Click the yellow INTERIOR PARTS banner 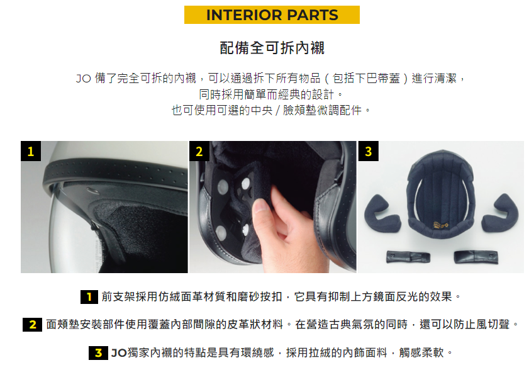tap(272, 15)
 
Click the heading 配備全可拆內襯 tap(272, 48)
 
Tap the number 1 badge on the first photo tap(31, 151)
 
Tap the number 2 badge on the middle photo tap(199, 151)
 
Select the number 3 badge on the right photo tap(369, 151)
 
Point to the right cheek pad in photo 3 tap(500, 213)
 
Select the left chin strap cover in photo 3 tap(408, 257)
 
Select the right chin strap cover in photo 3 tap(476, 257)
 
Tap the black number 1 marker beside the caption tap(89, 297)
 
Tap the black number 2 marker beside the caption tap(32, 325)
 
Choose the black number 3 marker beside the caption tap(98, 353)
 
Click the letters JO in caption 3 tap(119, 353)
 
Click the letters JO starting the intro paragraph tap(83, 79)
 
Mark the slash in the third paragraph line tap(277, 110)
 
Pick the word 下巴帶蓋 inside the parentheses tap(365, 78)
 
